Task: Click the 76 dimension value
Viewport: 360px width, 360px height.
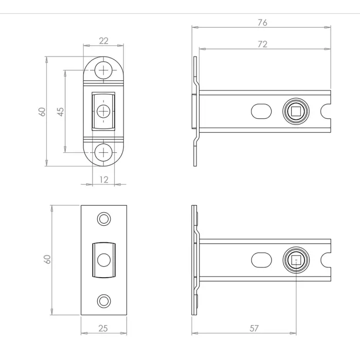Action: pyautogui.click(x=263, y=23)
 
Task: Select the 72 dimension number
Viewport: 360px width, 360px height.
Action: pyautogui.click(x=262, y=45)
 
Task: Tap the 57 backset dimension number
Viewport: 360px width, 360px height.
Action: pyautogui.click(x=254, y=328)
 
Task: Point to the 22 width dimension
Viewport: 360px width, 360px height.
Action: pyautogui.click(x=103, y=41)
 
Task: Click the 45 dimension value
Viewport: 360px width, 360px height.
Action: pyautogui.click(x=60, y=112)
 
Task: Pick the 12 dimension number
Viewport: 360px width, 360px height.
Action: pyautogui.click(x=104, y=179)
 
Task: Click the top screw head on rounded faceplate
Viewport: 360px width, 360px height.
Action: pyautogui.click(x=104, y=70)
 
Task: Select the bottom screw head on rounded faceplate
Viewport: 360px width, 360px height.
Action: pyautogui.click(x=104, y=152)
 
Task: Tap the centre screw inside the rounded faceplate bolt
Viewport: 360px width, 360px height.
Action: pyautogui.click(x=104, y=111)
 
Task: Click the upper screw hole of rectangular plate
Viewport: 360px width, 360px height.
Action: pyautogui.click(x=104, y=219)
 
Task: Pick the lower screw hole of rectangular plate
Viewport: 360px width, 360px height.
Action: pyautogui.click(x=104, y=300)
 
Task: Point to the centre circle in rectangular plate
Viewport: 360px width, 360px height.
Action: pyautogui.click(x=104, y=260)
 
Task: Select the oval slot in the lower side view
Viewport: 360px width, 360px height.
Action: pyautogui.click(x=262, y=260)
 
